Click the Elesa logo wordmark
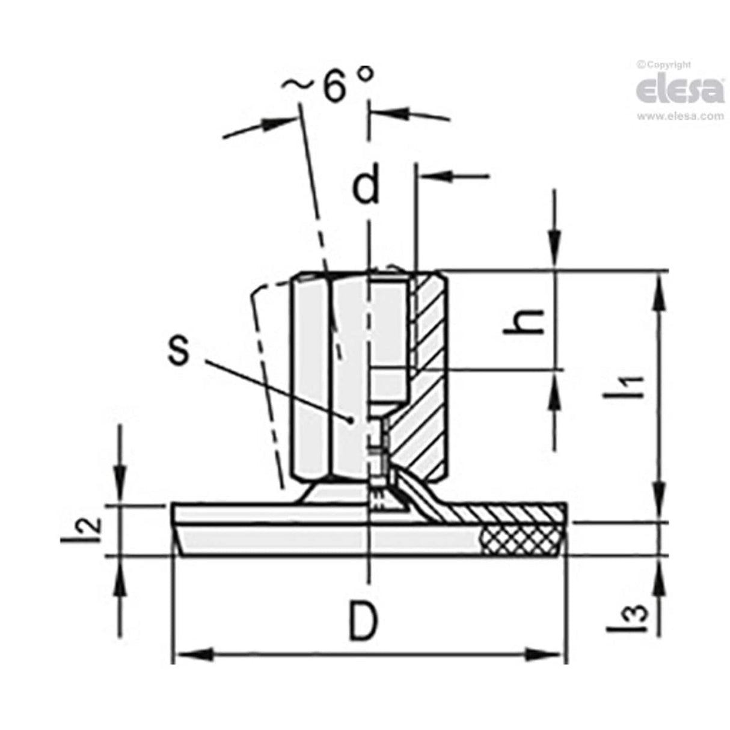679,90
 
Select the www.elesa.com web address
679,116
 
